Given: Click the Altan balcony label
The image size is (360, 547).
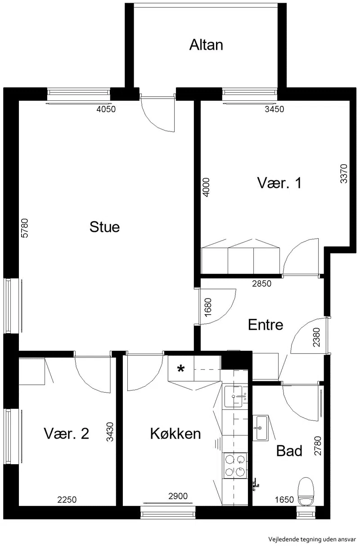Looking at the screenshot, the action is pyautogui.click(x=206, y=45).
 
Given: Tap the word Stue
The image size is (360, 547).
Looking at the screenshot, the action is pyautogui.click(x=105, y=227).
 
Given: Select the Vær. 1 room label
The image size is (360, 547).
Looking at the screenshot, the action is pyautogui.click(x=279, y=183).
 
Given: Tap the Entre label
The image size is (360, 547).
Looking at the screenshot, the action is pyautogui.click(x=265, y=325).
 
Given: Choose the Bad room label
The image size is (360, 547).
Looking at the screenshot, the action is pyautogui.click(x=289, y=451).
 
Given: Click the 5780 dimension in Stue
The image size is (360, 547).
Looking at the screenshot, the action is pyautogui.click(x=25, y=228).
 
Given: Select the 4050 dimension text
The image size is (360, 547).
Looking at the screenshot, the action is pyautogui.click(x=106, y=109).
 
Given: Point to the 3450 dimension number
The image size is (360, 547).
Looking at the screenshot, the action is pyautogui.click(x=274, y=109).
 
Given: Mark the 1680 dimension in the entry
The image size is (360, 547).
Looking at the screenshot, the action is pyautogui.click(x=208, y=307).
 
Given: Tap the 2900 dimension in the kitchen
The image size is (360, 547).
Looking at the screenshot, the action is pyautogui.click(x=178, y=496).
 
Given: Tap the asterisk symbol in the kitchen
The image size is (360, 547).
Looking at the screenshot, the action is pyautogui.click(x=180, y=369).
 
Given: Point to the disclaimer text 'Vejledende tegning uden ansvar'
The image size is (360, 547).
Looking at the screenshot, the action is pyautogui.click(x=312, y=539).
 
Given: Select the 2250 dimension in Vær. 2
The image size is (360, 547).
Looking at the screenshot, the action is pyautogui.click(x=67, y=500).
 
